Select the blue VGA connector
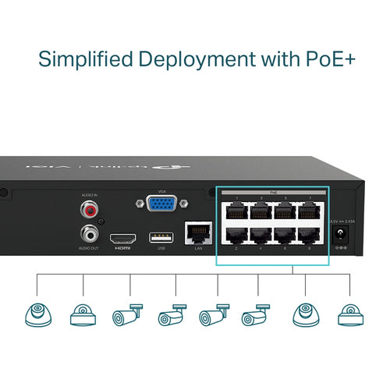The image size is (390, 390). tap(161, 205)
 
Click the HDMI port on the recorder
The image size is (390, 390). tap(122, 238)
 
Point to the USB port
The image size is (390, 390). tap(161, 237)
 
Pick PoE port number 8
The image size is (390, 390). tap(310, 236)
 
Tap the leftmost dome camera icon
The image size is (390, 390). tap(37, 315)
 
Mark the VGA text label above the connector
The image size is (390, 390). tap(161, 191)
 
